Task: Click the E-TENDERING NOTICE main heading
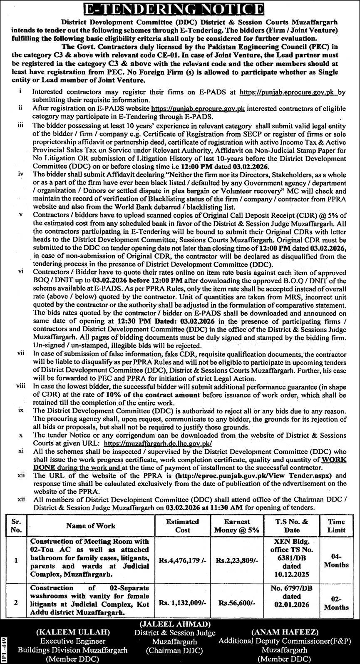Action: tap(180, 8)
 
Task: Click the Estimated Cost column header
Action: tap(182, 526)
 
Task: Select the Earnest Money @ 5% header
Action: tap(236, 526)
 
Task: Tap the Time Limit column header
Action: tap(336, 526)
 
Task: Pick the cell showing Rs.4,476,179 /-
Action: tap(182, 560)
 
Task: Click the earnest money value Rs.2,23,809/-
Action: tap(236, 560)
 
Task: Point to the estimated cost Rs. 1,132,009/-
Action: tap(182, 601)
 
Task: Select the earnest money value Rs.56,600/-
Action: tap(236, 601)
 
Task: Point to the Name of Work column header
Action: tap(91, 526)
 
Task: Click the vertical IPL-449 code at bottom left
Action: tap(4, 649)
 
